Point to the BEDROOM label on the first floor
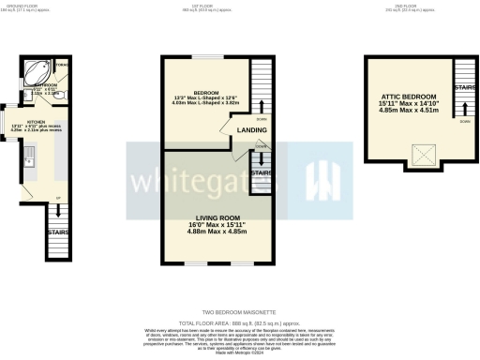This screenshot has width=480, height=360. (207, 92)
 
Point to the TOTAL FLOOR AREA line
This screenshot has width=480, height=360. (239, 321)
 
